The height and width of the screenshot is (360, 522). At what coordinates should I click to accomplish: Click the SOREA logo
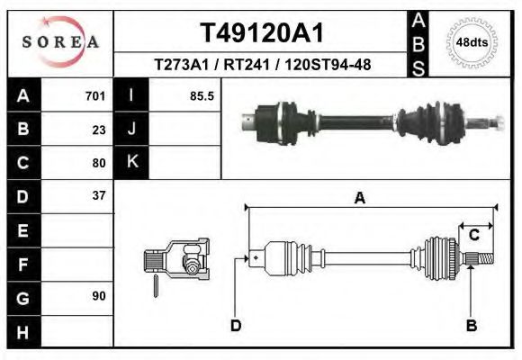(x=60, y=42)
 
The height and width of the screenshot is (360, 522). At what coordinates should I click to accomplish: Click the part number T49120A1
(x=262, y=33)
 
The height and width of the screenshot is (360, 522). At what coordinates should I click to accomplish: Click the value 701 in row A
(x=94, y=96)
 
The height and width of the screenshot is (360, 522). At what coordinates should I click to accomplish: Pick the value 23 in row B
(x=98, y=130)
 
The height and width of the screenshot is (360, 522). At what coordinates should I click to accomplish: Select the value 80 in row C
(x=98, y=163)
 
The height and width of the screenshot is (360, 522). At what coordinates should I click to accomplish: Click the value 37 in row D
(x=98, y=195)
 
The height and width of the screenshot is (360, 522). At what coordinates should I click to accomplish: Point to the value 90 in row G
(x=98, y=295)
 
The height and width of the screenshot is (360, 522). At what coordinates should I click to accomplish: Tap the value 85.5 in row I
(x=202, y=96)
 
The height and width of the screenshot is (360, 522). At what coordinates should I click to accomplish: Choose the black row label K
(x=131, y=163)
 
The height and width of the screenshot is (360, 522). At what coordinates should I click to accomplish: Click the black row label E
(x=23, y=229)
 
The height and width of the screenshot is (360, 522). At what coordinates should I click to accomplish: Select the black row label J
(x=131, y=130)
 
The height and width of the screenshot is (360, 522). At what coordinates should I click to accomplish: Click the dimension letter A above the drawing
(x=359, y=199)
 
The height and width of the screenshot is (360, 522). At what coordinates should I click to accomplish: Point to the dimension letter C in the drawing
(x=473, y=235)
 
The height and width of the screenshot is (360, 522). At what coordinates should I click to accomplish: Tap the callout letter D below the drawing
(x=236, y=326)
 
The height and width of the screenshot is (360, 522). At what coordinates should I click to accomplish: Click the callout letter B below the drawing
(x=471, y=326)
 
